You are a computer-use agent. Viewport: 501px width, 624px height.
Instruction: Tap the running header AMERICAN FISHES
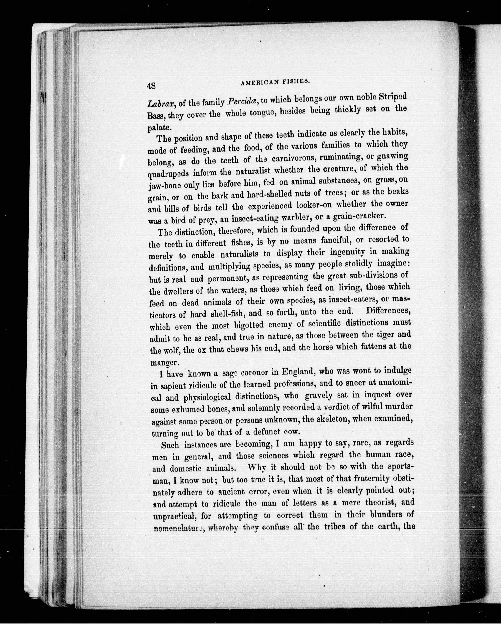pyautogui.click(x=275, y=82)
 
